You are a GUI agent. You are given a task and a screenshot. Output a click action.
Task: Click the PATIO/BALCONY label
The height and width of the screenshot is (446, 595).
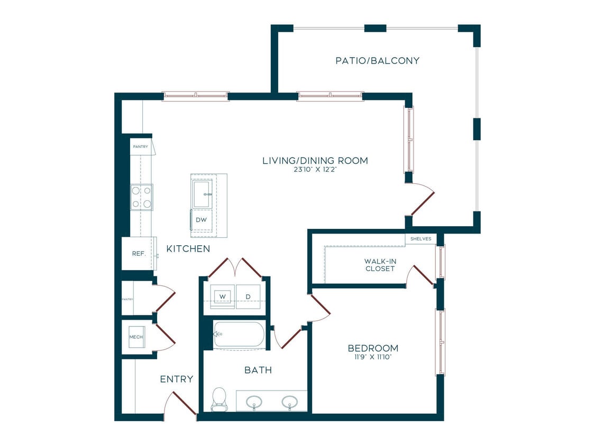click(377, 61)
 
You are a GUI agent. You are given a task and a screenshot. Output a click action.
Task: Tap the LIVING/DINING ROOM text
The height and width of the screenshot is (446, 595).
click(315, 161)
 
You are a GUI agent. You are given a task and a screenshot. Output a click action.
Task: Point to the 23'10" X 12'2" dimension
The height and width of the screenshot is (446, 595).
click(315, 170)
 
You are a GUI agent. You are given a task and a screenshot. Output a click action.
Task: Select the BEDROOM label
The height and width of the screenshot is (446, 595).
click(373, 348)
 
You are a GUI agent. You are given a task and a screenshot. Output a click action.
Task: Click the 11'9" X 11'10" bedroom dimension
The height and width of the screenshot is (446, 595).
click(373, 357)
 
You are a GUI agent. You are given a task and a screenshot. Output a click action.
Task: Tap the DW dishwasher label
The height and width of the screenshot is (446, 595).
click(201, 220)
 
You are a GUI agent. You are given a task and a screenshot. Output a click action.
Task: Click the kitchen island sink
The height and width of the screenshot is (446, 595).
click(202, 194)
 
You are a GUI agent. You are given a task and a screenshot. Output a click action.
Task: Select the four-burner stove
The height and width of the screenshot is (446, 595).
click(142, 197)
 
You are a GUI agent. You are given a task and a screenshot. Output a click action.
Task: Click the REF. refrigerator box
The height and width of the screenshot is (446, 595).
click(139, 254)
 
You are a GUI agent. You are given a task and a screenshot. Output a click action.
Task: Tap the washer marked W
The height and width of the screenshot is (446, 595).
click(222, 296)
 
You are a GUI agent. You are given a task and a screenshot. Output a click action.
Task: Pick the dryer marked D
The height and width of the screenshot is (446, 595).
click(248, 296)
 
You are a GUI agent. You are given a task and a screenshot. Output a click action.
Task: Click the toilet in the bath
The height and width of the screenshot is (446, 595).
click(218, 399)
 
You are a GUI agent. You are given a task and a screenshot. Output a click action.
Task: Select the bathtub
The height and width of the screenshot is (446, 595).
click(239, 334)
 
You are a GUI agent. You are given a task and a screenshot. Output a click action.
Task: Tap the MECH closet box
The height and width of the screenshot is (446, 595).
click(136, 337)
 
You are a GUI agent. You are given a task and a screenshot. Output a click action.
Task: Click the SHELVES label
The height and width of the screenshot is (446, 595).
click(421, 239)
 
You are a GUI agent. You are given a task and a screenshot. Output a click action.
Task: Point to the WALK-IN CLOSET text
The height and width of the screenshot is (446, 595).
click(380, 265)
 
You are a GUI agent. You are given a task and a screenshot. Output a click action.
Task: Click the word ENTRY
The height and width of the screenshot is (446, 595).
click(177, 379)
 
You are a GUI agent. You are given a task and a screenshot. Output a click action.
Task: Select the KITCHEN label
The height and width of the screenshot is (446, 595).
click(188, 249)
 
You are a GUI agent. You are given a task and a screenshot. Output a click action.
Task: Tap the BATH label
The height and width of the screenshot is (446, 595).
click(258, 370)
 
